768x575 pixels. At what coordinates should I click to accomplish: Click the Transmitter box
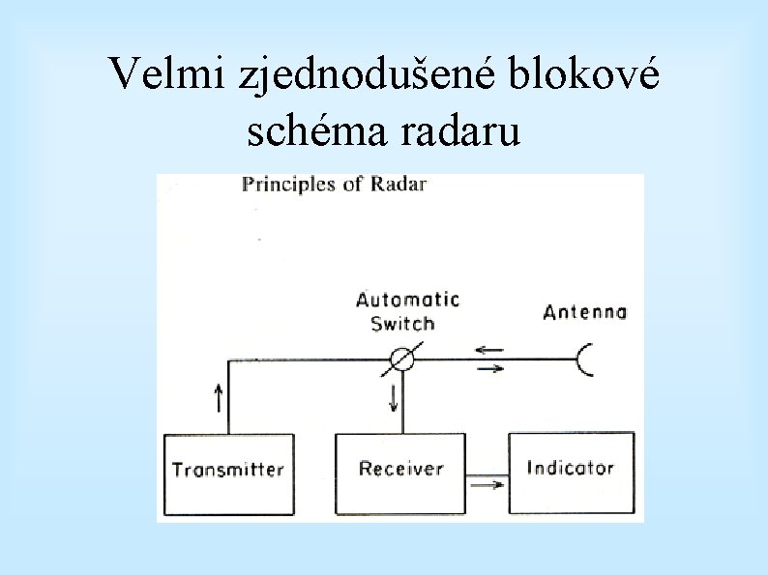pos(229,473)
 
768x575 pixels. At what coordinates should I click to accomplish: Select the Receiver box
pos(400,471)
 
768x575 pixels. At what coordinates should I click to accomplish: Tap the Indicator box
pos(571,469)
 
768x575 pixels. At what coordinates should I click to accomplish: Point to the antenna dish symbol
pos(587,359)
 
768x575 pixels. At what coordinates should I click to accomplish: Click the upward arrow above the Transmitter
pos(217,395)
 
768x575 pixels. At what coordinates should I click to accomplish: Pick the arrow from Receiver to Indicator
pos(487,485)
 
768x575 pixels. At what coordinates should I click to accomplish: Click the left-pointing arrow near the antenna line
pos(489,350)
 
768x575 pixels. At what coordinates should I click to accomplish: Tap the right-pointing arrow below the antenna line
pos(490,368)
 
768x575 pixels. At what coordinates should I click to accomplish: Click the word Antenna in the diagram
pos(584,312)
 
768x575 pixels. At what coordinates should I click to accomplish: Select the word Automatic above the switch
pos(407,300)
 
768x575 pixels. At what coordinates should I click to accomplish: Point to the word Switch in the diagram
pos(402,324)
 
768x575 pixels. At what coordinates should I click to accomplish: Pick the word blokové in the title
pos(591,73)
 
